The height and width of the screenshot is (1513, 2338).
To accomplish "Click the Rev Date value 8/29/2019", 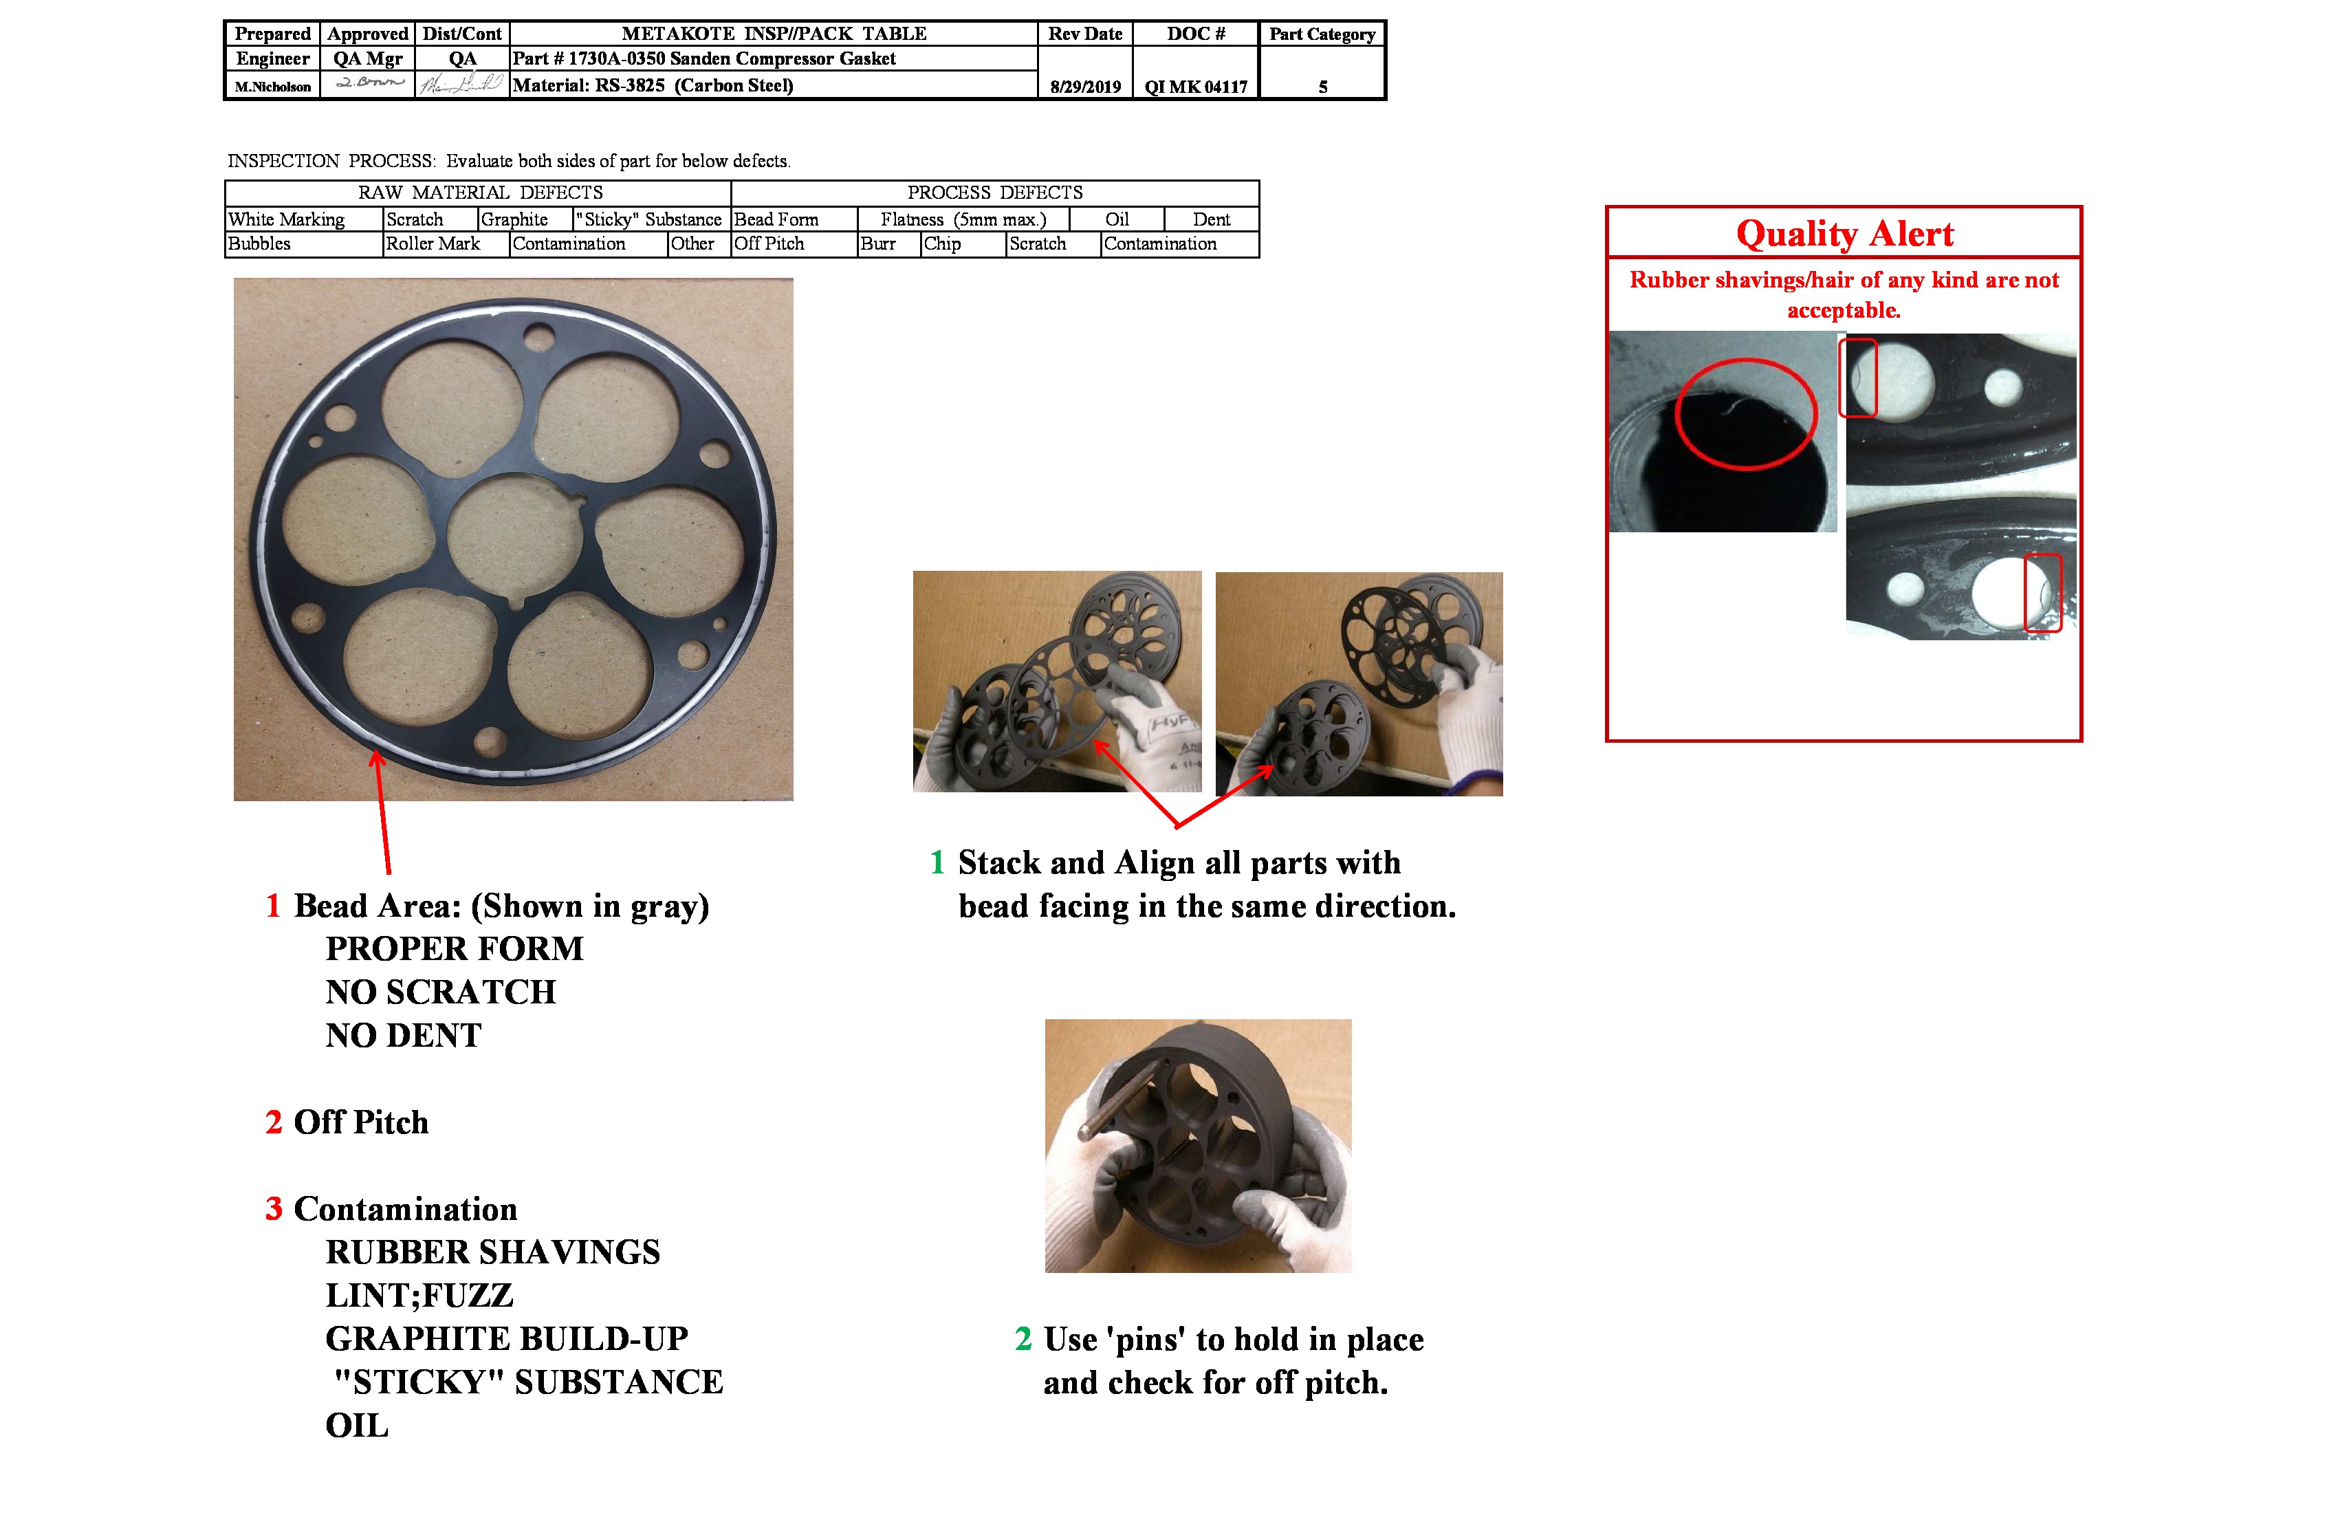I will (1084, 87).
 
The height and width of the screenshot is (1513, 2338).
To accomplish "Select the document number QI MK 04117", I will (1196, 87).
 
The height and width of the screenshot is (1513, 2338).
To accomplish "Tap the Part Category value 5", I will (1322, 87).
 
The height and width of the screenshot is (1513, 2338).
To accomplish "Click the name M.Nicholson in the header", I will (272, 87).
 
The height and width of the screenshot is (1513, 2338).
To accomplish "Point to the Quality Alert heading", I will (1844, 234).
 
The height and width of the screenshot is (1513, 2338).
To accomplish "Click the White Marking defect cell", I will (286, 219).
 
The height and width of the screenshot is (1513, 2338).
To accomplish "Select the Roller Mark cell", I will (433, 243).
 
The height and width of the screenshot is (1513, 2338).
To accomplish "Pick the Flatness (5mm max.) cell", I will (963, 219).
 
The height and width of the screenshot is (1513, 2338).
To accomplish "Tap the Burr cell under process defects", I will (877, 243).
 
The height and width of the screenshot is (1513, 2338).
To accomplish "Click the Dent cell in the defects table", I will (1210, 219).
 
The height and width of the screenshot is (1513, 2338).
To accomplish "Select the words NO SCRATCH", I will (440, 992).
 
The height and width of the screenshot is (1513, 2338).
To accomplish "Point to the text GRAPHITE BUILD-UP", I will (506, 1338).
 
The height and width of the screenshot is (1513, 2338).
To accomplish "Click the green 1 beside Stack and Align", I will (937, 862).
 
